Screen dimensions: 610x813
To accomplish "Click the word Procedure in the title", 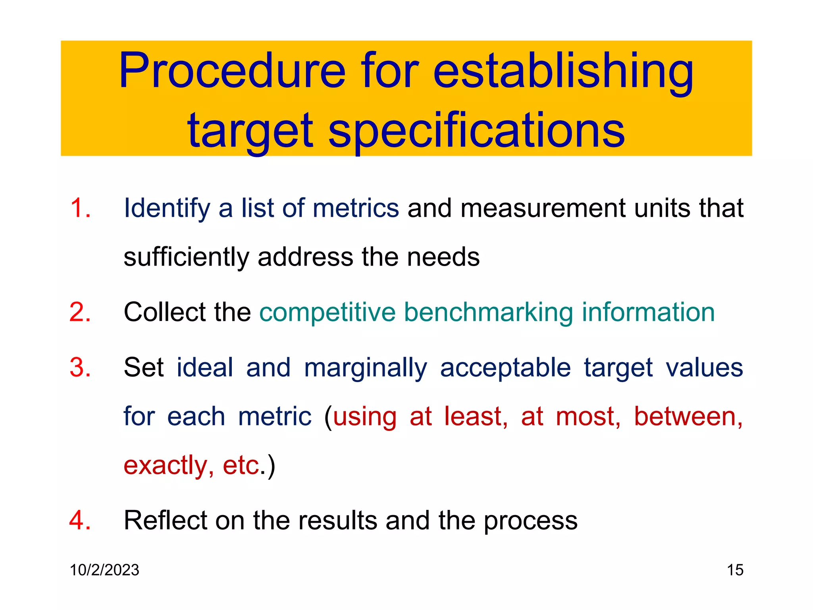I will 233,71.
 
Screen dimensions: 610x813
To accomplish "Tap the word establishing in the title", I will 563,71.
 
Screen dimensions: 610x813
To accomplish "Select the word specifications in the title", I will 476,131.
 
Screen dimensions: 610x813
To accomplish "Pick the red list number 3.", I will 80,367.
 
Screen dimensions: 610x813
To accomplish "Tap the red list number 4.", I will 80,520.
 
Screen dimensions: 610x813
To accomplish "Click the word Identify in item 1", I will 167,208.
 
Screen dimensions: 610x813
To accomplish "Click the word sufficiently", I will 186,257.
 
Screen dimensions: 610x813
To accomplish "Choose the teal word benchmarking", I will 488,313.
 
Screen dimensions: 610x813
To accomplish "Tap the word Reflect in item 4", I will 165,520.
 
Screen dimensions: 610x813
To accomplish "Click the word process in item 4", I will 530,521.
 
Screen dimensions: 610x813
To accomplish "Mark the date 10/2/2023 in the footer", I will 104,570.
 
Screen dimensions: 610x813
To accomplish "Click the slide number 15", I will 735,570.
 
